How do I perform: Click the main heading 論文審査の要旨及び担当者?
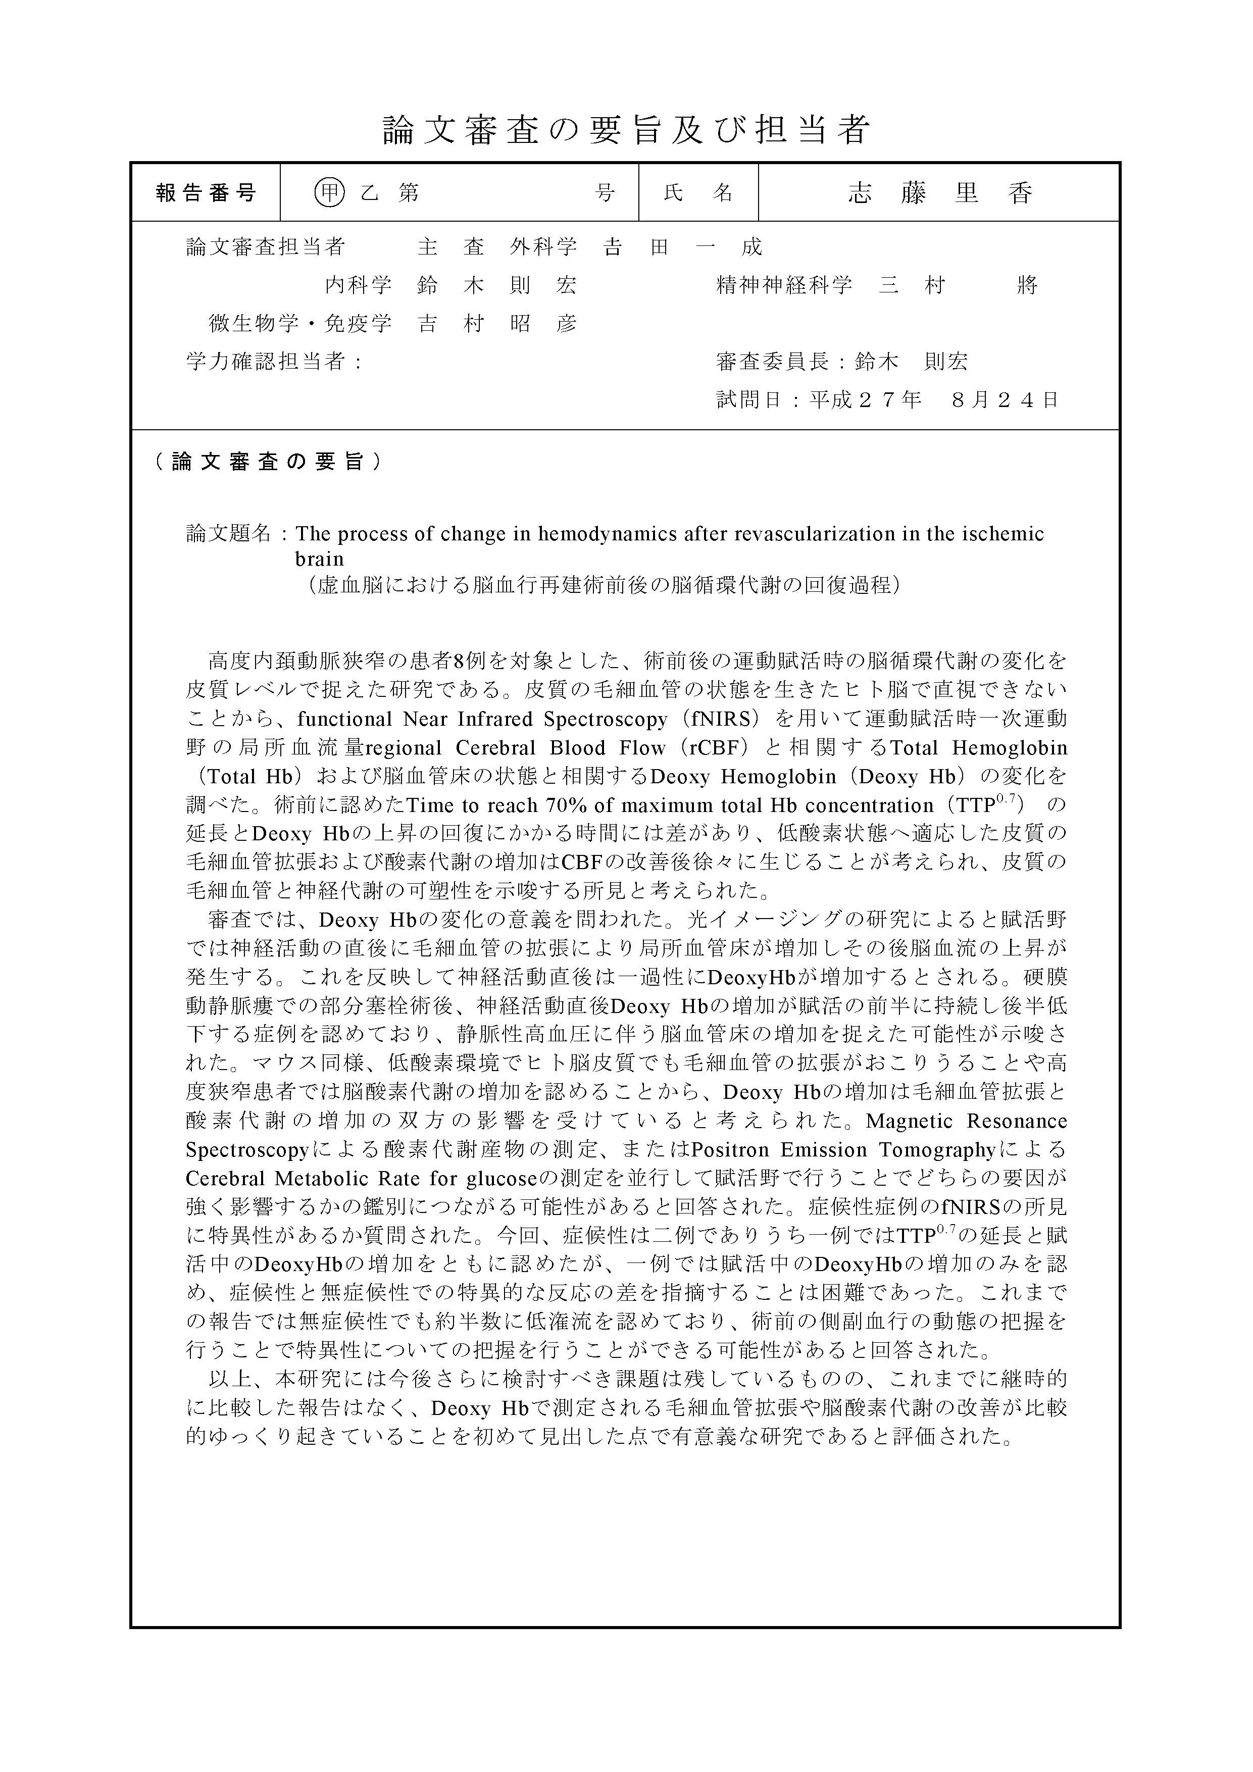tap(626, 130)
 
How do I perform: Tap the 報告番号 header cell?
tap(206, 192)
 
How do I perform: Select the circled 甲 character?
tap(330, 192)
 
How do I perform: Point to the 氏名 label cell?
tap(698, 192)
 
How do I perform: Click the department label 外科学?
tap(543, 247)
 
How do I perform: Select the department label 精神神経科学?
tap(784, 285)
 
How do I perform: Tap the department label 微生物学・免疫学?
tap(300, 323)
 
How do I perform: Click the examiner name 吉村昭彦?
tap(497, 323)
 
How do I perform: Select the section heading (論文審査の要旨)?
tap(267, 462)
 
